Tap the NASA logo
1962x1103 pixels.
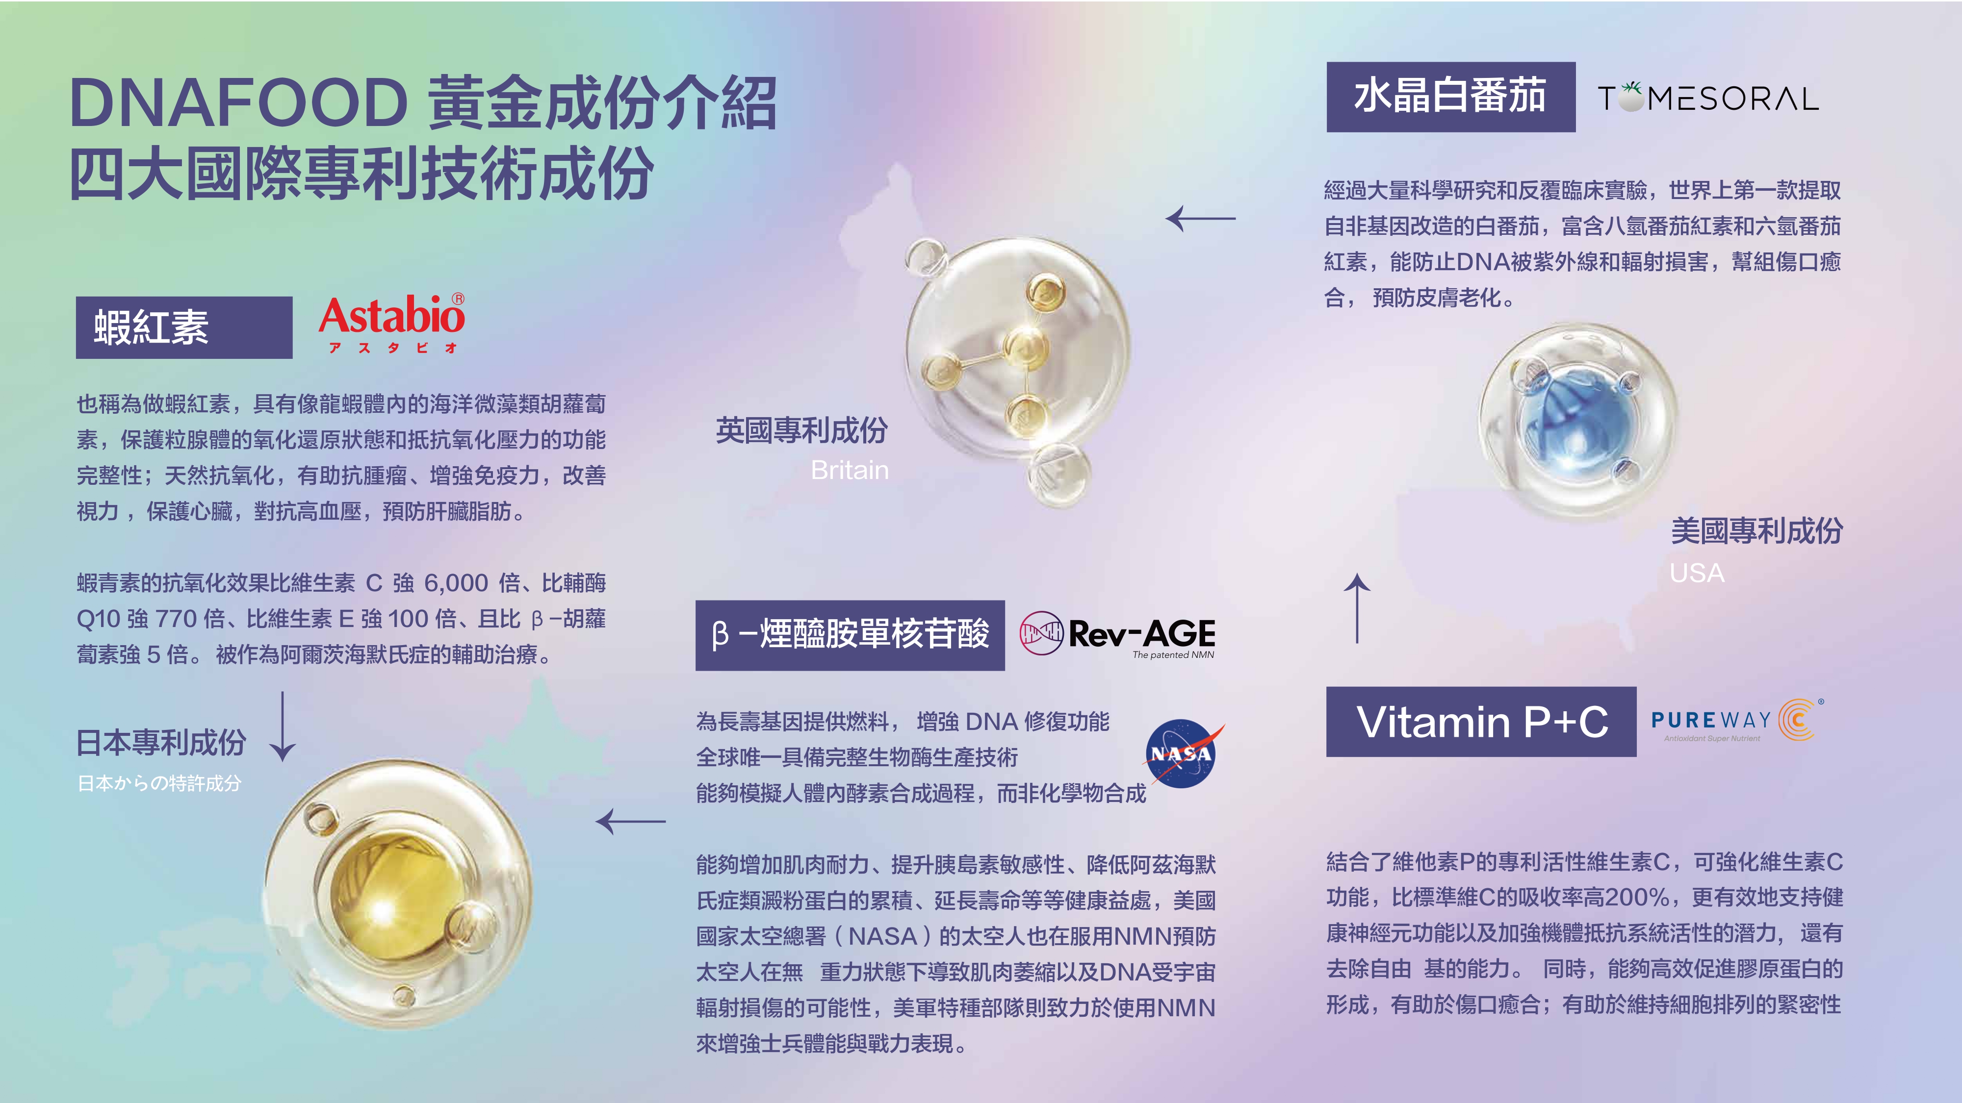(1183, 753)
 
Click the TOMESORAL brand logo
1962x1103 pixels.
(1707, 98)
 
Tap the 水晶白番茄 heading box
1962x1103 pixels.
(1451, 97)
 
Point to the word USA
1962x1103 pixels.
(1697, 573)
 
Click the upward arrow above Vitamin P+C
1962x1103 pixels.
(1357, 608)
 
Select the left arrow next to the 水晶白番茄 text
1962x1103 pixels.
(1200, 219)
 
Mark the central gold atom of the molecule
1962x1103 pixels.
(1025, 348)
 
